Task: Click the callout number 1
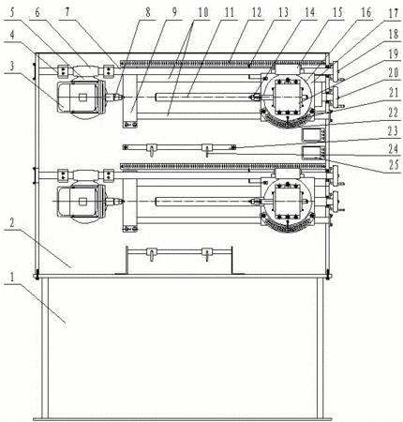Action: [x=12, y=277]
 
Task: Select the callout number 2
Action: [x=12, y=223]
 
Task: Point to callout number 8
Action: [x=148, y=12]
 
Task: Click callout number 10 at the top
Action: [x=202, y=12]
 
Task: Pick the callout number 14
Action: [x=310, y=12]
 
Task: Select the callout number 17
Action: [x=394, y=14]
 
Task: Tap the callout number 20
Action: [x=394, y=73]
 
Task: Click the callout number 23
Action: [x=394, y=130]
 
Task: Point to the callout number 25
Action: [x=394, y=165]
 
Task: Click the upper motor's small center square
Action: [x=82, y=98]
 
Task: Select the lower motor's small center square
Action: [x=82, y=202]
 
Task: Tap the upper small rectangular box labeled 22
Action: [x=312, y=134]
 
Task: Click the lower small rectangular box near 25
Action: [x=312, y=153]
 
